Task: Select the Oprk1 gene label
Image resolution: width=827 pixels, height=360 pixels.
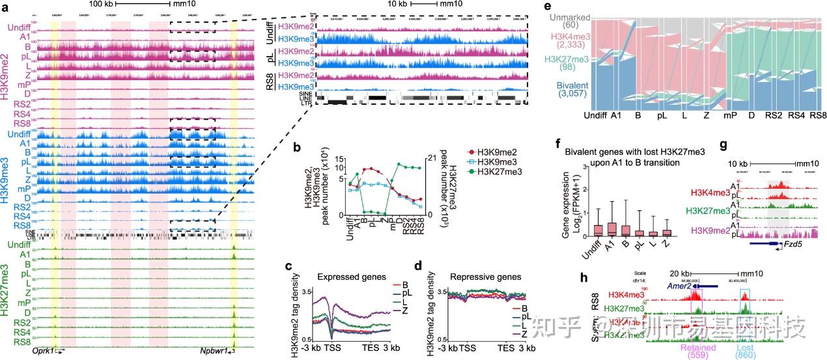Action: point(44,351)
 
